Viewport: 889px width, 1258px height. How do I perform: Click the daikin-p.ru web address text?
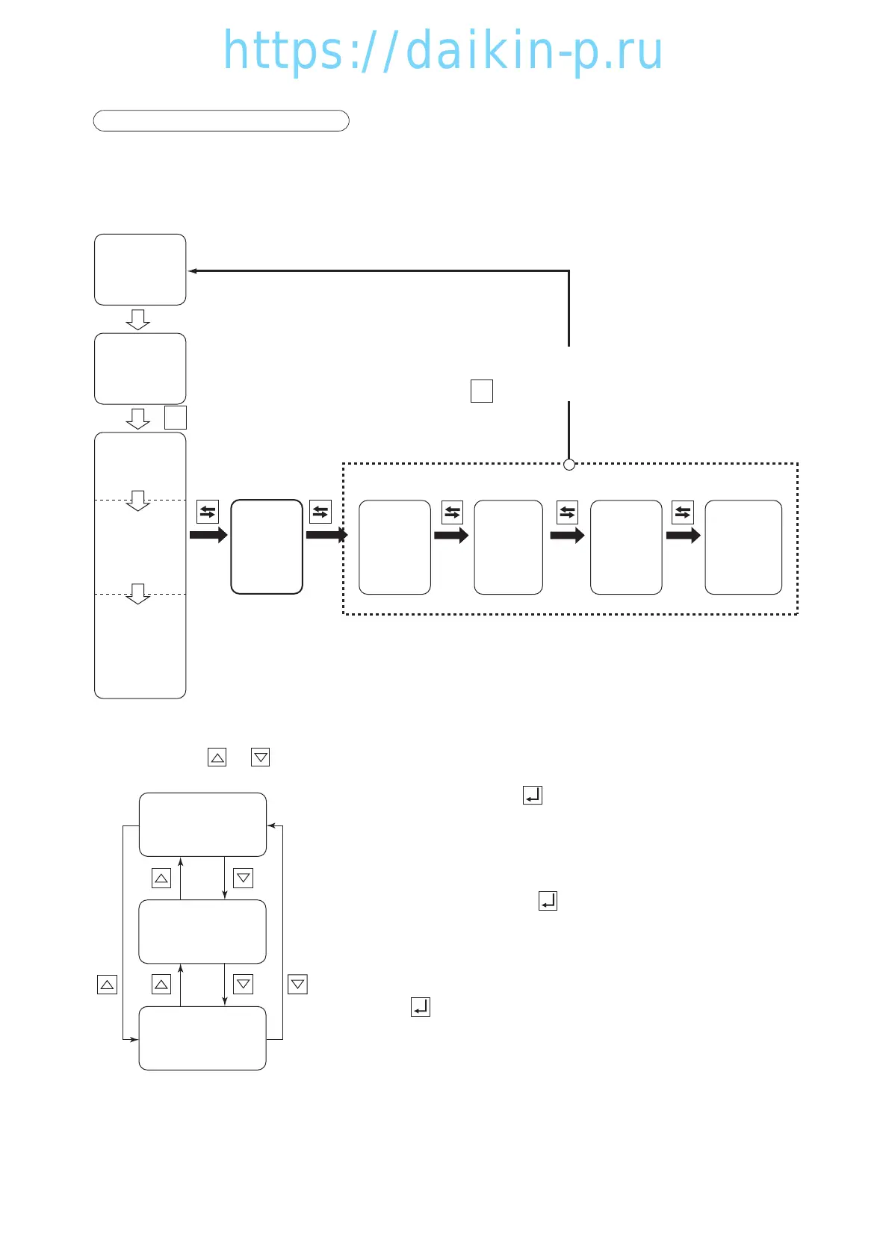(443, 51)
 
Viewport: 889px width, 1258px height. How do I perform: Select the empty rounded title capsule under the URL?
(221, 121)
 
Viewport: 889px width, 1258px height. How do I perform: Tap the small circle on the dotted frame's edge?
(569, 465)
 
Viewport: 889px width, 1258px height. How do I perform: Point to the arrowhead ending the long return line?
(193, 271)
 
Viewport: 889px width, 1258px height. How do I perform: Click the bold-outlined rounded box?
(267, 547)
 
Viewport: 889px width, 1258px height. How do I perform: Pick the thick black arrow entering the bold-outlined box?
(208, 535)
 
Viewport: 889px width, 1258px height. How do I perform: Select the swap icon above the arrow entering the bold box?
(208, 512)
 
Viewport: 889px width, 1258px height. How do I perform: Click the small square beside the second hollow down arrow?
(176, 418)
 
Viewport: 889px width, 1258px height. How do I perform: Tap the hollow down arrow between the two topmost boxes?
(138, 320)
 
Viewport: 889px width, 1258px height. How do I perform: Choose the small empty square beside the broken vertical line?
(482, 391)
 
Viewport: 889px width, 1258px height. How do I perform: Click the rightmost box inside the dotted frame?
(743, 548)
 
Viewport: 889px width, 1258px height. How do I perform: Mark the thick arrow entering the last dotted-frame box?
(683, 535)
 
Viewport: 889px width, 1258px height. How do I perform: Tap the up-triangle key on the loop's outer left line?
(108, 985)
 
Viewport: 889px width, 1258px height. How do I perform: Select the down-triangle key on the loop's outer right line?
(297, 984)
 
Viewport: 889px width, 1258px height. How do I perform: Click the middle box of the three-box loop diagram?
(202, 932)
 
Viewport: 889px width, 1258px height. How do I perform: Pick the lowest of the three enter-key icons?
(421, 1007)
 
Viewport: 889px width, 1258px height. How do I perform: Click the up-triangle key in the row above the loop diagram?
(217, 757)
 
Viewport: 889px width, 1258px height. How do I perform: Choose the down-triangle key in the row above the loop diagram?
(261, 757)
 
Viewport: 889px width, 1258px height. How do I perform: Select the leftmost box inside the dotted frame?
(394, 548)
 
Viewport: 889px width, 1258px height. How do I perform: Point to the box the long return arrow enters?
(140, 270)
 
